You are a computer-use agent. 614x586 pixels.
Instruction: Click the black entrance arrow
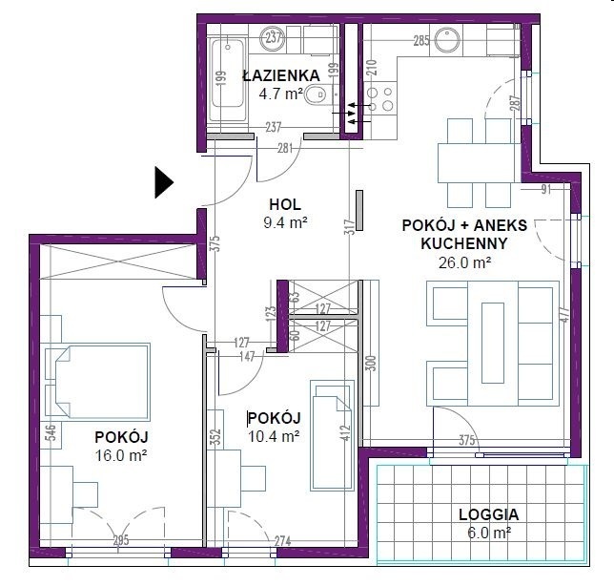pos(164,182)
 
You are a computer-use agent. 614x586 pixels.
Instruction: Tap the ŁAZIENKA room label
pos(281,75)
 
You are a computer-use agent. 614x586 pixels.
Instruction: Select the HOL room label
pos(285,204)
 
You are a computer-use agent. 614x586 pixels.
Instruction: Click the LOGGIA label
pos(489,514)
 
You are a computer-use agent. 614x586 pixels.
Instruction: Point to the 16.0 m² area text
pos(121,455)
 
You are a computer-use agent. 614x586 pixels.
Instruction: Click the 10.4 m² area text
pos(275,436)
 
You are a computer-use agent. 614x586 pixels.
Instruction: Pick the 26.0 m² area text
pos(465,262)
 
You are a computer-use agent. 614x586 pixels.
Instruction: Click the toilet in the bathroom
pos(316,94)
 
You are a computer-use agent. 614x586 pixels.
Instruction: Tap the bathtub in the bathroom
pos(228,76)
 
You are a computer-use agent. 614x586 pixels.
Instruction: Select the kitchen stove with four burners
pos(379,98)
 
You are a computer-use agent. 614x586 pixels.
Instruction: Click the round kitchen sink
pos(447,39)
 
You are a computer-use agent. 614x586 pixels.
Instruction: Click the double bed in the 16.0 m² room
pos(97,381)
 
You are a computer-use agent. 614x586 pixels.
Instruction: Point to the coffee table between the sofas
pos(493,343)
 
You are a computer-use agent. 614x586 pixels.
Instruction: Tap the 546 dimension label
pos(51,433)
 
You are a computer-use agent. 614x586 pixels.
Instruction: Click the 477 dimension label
pos(564,314)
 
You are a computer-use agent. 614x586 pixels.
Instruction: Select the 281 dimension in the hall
pos(285,149)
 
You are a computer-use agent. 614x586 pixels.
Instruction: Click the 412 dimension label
pos(345,433)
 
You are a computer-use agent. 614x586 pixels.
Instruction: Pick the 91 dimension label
pos(546,189)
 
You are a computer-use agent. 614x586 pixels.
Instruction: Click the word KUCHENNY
pos(464,243)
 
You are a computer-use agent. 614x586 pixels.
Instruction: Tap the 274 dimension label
pos(282,541)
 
